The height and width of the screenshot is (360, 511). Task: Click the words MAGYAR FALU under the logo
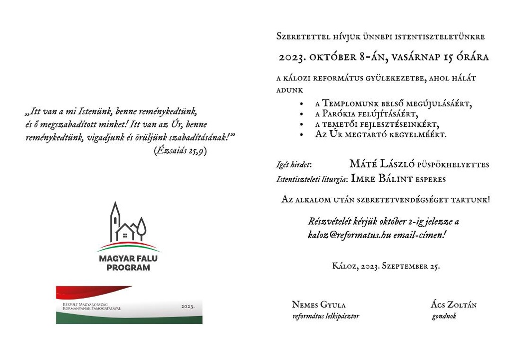coord(128,258)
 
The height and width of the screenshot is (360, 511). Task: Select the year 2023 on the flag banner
coord(188,306)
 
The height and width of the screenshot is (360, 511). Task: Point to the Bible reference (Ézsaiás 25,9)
coord(180,150)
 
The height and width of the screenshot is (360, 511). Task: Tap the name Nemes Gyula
coord(318,305)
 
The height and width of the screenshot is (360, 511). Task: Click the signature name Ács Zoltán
coord(453,305)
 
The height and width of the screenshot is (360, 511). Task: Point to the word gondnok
coord(444,316)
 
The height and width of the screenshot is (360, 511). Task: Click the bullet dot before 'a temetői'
coord(302,124)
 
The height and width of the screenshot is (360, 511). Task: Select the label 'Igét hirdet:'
coord(294,164)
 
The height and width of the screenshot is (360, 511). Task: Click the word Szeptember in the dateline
coord(405,266)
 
